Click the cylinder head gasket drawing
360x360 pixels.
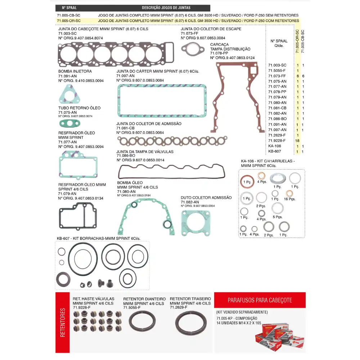click(x=116, y=54)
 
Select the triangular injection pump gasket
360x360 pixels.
click(x=68, y=94)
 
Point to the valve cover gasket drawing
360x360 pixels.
click(x=172, y=171)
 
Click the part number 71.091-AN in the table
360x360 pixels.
click(x=277, y=125)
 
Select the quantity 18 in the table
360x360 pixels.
click(x=297, y=141)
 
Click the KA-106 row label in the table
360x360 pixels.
click(x=275, y=146)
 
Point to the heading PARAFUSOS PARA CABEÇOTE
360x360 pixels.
click(x=260, y=300)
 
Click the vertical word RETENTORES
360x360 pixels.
click(x=63, y=322)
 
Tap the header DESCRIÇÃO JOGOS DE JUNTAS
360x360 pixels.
click(x=166, y=8)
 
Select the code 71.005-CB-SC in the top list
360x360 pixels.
click(x=69, y=15)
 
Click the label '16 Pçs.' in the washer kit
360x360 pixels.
click(x=289, y=199)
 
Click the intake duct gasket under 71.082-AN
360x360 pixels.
click(x=195, y=222)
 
